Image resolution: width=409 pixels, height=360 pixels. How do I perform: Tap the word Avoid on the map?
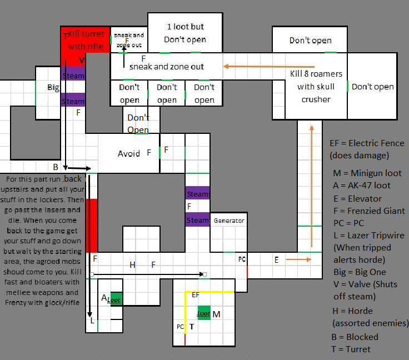(x=129, y=153)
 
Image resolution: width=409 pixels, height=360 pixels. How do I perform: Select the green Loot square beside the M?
(x=204, y=313)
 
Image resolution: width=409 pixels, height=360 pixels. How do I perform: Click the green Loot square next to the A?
(x=115, y=299)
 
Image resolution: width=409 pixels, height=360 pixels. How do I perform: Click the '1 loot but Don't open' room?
(x=185, y=33)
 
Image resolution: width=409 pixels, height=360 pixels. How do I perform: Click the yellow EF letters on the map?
(x=196, y=295)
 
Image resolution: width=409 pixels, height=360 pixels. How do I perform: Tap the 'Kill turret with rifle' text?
(x=86, y=41)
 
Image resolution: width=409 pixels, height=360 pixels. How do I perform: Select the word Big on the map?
(x=53, y=88)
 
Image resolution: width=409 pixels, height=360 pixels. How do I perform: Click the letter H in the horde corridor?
(x=132, y=265)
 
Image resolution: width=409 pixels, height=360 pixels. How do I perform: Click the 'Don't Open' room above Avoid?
(x=138, y=123)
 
